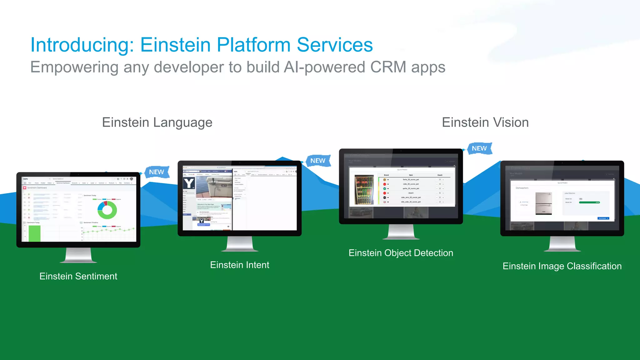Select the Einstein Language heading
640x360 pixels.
point(157,122)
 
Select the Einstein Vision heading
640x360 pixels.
point(485,122)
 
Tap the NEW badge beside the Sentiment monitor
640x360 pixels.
point(157,172)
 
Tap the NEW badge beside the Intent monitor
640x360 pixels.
point(318,161)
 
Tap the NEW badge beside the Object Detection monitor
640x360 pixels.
point(479,148)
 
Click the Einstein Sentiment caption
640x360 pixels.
point(78,276)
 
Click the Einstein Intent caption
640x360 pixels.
point(239,265)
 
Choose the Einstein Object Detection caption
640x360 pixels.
point(401,253)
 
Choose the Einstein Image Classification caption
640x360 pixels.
point(562,266)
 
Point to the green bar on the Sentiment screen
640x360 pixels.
point(34,233)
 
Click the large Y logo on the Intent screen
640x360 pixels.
point(189,183)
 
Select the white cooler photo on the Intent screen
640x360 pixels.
point(216,186)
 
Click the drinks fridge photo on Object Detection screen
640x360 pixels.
point(364,190)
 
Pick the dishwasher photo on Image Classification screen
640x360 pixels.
point(543,203)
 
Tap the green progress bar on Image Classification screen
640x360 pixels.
point(589,202)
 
